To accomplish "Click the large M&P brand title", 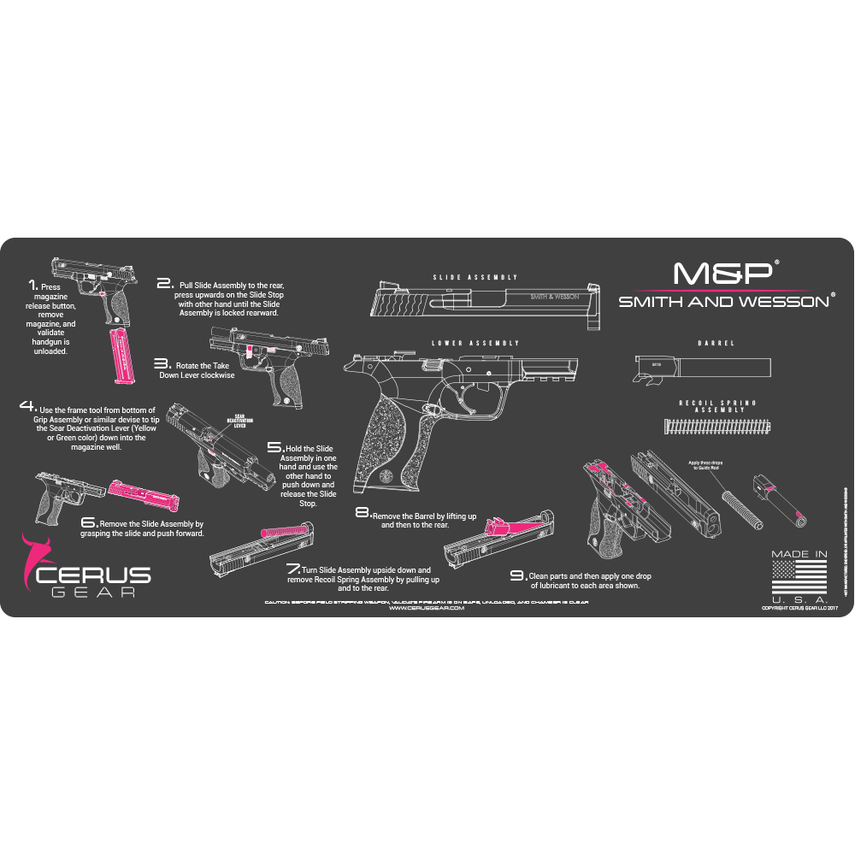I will tap(722, 273).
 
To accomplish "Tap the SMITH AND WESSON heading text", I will tap(723, 301).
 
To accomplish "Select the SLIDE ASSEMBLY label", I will tap(475, 278).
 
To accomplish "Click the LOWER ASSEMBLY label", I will tap(476, 343).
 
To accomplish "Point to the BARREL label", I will tap(716, 343).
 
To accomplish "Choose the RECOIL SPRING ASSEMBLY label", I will tap(716, 406).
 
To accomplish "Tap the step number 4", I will tap(27, 406).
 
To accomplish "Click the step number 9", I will tap(518, 575).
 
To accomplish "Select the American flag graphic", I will tap(799, 578).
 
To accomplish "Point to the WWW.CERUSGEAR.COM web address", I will tap(426, 609).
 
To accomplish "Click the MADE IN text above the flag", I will tap(799, 554).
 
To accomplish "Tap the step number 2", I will tap(165, 282).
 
